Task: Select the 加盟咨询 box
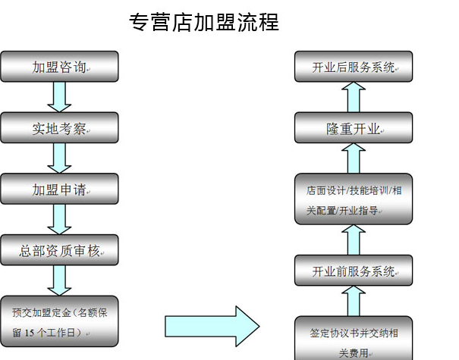point(59,67)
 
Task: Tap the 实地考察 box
point(59,128)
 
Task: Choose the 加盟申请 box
point(59,189)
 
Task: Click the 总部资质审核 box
point(59,250)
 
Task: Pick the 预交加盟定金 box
point(59,321)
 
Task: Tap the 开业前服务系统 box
point(354,271)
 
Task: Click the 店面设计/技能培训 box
point(354,199)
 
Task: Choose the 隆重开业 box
point(354,128)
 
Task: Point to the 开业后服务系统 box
point(354,67)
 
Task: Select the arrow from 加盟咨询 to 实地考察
point(59,97)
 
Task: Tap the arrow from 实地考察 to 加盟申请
point(59,158)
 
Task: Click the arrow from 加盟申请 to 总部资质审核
point(59,220)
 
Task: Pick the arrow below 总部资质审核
point(59,280)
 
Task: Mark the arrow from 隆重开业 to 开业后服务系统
point(354,97)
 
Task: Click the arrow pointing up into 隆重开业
point(354,158)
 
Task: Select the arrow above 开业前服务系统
point(354,239)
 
